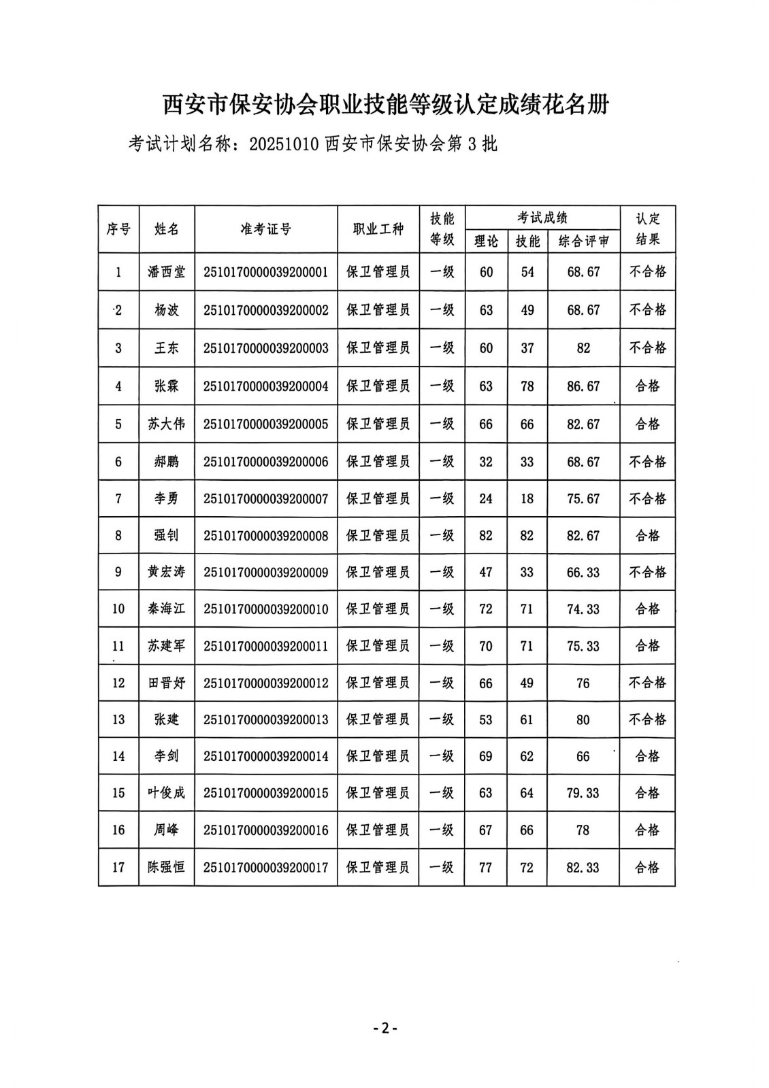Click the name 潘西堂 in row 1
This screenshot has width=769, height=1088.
[166, 272]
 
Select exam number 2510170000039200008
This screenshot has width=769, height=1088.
[265, 536]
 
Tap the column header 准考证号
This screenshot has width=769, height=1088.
[265, 229]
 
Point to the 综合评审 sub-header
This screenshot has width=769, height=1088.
[583, 241]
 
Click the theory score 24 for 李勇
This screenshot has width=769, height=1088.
[485, 498]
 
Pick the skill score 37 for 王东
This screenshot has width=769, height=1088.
[527, 348]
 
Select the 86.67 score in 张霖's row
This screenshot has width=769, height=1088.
[583, 386]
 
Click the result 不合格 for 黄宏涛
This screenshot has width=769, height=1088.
[647, 572]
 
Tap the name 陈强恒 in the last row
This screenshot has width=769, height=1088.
[166, 867]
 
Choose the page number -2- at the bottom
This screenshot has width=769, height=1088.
[384, 1028]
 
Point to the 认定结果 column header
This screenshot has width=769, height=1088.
[647, 229]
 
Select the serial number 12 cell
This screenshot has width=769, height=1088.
[118, 683]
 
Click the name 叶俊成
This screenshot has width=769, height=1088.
[166, 793]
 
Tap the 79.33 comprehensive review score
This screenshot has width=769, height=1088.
[583, 793]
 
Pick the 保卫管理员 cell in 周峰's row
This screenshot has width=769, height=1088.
[378, 830]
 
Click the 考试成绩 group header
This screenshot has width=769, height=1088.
[542, 218]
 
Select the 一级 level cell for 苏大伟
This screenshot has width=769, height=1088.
[441, 424]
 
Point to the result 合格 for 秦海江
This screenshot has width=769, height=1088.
[647, 609]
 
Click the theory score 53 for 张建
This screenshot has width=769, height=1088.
[485, 719]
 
